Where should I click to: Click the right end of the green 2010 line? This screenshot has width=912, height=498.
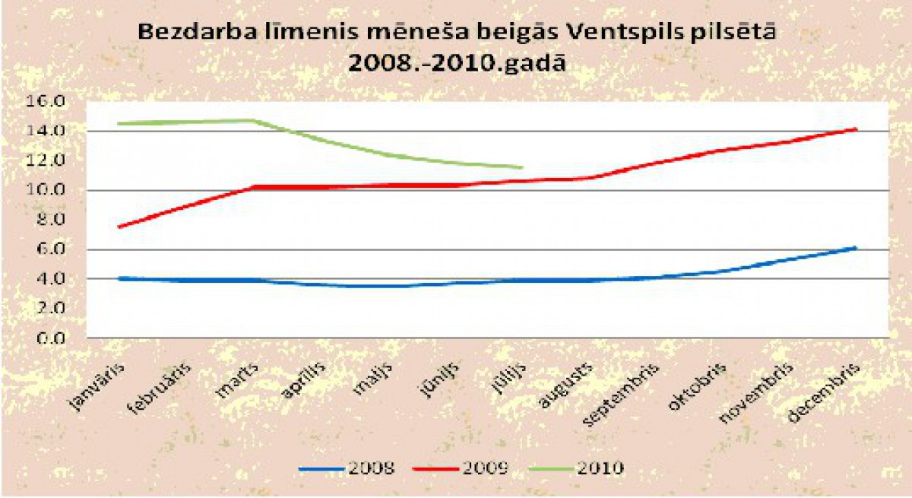click(x=522, y=167)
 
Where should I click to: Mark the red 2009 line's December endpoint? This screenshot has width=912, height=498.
click(x=857, y=129)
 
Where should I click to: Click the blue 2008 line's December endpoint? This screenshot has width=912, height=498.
click(x=857, y=247)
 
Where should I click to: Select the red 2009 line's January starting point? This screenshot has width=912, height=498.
click(x=119, y=227)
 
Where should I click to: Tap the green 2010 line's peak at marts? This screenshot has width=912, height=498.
click(x=253, y=120)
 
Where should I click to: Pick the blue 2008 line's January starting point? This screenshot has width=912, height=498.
click(x=119, y=278)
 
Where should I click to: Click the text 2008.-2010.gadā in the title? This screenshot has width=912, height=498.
click(x=456, y=63)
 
